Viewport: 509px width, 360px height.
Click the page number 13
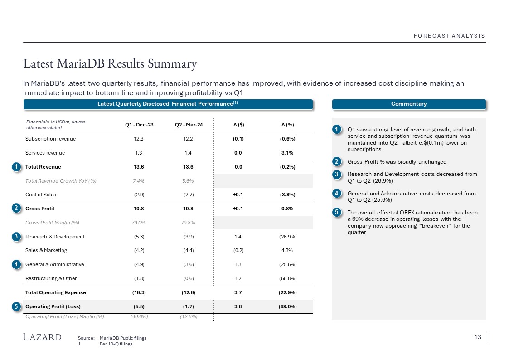[x=477, y=337]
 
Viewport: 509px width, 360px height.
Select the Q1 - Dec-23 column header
[x=139, y=125]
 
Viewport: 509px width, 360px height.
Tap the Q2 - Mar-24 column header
[x=189, y=125]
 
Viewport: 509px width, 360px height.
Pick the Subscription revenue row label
[x=51, y=139]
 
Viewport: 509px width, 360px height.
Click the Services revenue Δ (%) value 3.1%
[x=288, y=153]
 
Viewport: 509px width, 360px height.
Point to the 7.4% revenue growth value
[x=139, y=181]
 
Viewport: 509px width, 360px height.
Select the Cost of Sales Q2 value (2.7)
[x=189, y=195]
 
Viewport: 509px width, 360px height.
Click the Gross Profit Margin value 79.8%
[x=189, y=223]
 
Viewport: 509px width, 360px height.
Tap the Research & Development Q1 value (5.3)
[x=139, y=237]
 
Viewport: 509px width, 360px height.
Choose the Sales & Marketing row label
[x=46, y=250]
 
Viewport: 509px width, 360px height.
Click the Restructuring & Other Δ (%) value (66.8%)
[x=288, y=278]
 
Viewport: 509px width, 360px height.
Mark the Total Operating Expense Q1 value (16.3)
[x=139, y=292]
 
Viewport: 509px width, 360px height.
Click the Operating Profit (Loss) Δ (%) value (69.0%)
[x=288, y=306]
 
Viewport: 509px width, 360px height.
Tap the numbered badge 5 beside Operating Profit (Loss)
[x=16, y=306]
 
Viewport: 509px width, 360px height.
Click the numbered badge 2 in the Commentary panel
[x=337, y=162]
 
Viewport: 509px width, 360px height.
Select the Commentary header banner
[x=409, y=104]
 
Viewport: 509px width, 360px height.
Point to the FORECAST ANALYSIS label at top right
[x=449, y=36]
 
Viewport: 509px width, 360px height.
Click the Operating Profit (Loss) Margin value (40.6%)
[x=139, y=316]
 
